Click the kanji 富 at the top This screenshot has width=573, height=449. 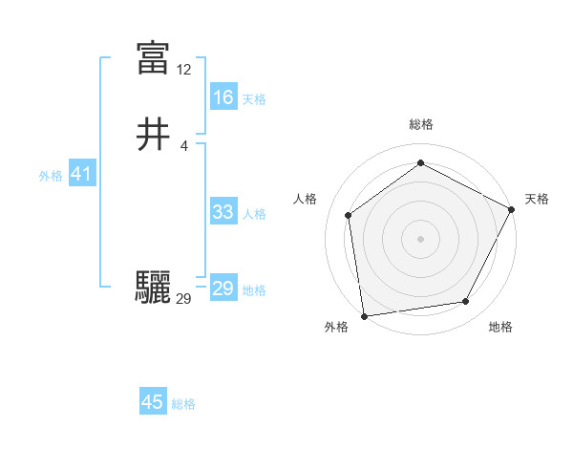point(153,58)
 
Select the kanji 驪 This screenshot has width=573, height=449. point(153,288)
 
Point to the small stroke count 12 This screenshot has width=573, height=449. point(184,70)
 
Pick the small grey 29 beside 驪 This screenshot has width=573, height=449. point(184,299)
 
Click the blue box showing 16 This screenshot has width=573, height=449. point(223,96)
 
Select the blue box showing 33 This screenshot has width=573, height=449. point(223,212)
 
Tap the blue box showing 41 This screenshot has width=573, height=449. point(81,174)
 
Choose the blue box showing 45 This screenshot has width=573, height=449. point(153,402)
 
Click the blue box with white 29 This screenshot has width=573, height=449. point(223,289)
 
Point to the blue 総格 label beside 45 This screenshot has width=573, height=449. point(183,404)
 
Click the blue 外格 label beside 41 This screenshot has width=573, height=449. point(51,176)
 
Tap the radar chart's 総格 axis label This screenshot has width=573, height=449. point(421,124)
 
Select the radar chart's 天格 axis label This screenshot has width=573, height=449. point(537,199)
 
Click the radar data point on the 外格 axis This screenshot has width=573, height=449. point(364,315)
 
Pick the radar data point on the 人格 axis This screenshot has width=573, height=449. point(349,215)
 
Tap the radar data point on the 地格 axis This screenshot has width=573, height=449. point(466,301)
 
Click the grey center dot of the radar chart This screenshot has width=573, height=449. point(420,238)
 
